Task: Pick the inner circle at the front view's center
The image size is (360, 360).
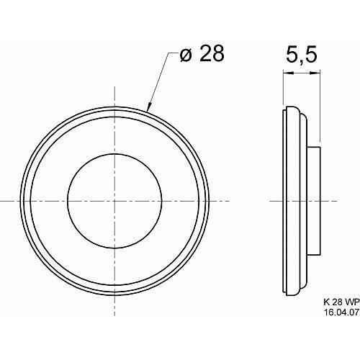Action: coord(114,198)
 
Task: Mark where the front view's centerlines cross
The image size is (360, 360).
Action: coord(114,198)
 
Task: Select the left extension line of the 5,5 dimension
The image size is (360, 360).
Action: coord(283,90)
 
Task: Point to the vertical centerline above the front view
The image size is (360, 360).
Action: coord(114,94)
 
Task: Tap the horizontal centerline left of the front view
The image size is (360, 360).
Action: coord(9,198)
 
